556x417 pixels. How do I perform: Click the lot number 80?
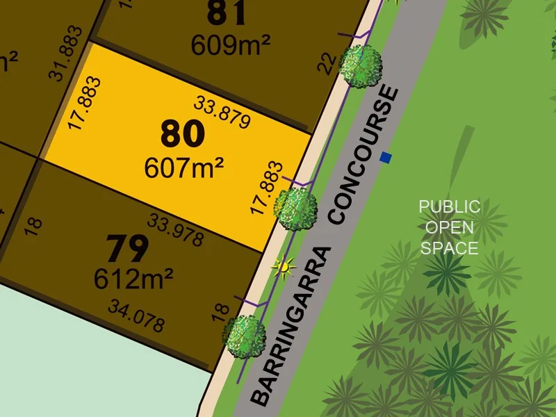(183, 134)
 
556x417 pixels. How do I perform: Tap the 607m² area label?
(183, 167)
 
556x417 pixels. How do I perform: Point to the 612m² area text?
(133, 278)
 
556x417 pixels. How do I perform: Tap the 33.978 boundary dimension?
(175, 229)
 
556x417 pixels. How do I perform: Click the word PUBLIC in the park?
(449, 206)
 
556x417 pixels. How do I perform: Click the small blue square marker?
(386, 158)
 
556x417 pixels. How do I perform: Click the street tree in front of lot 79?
(244, 336)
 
